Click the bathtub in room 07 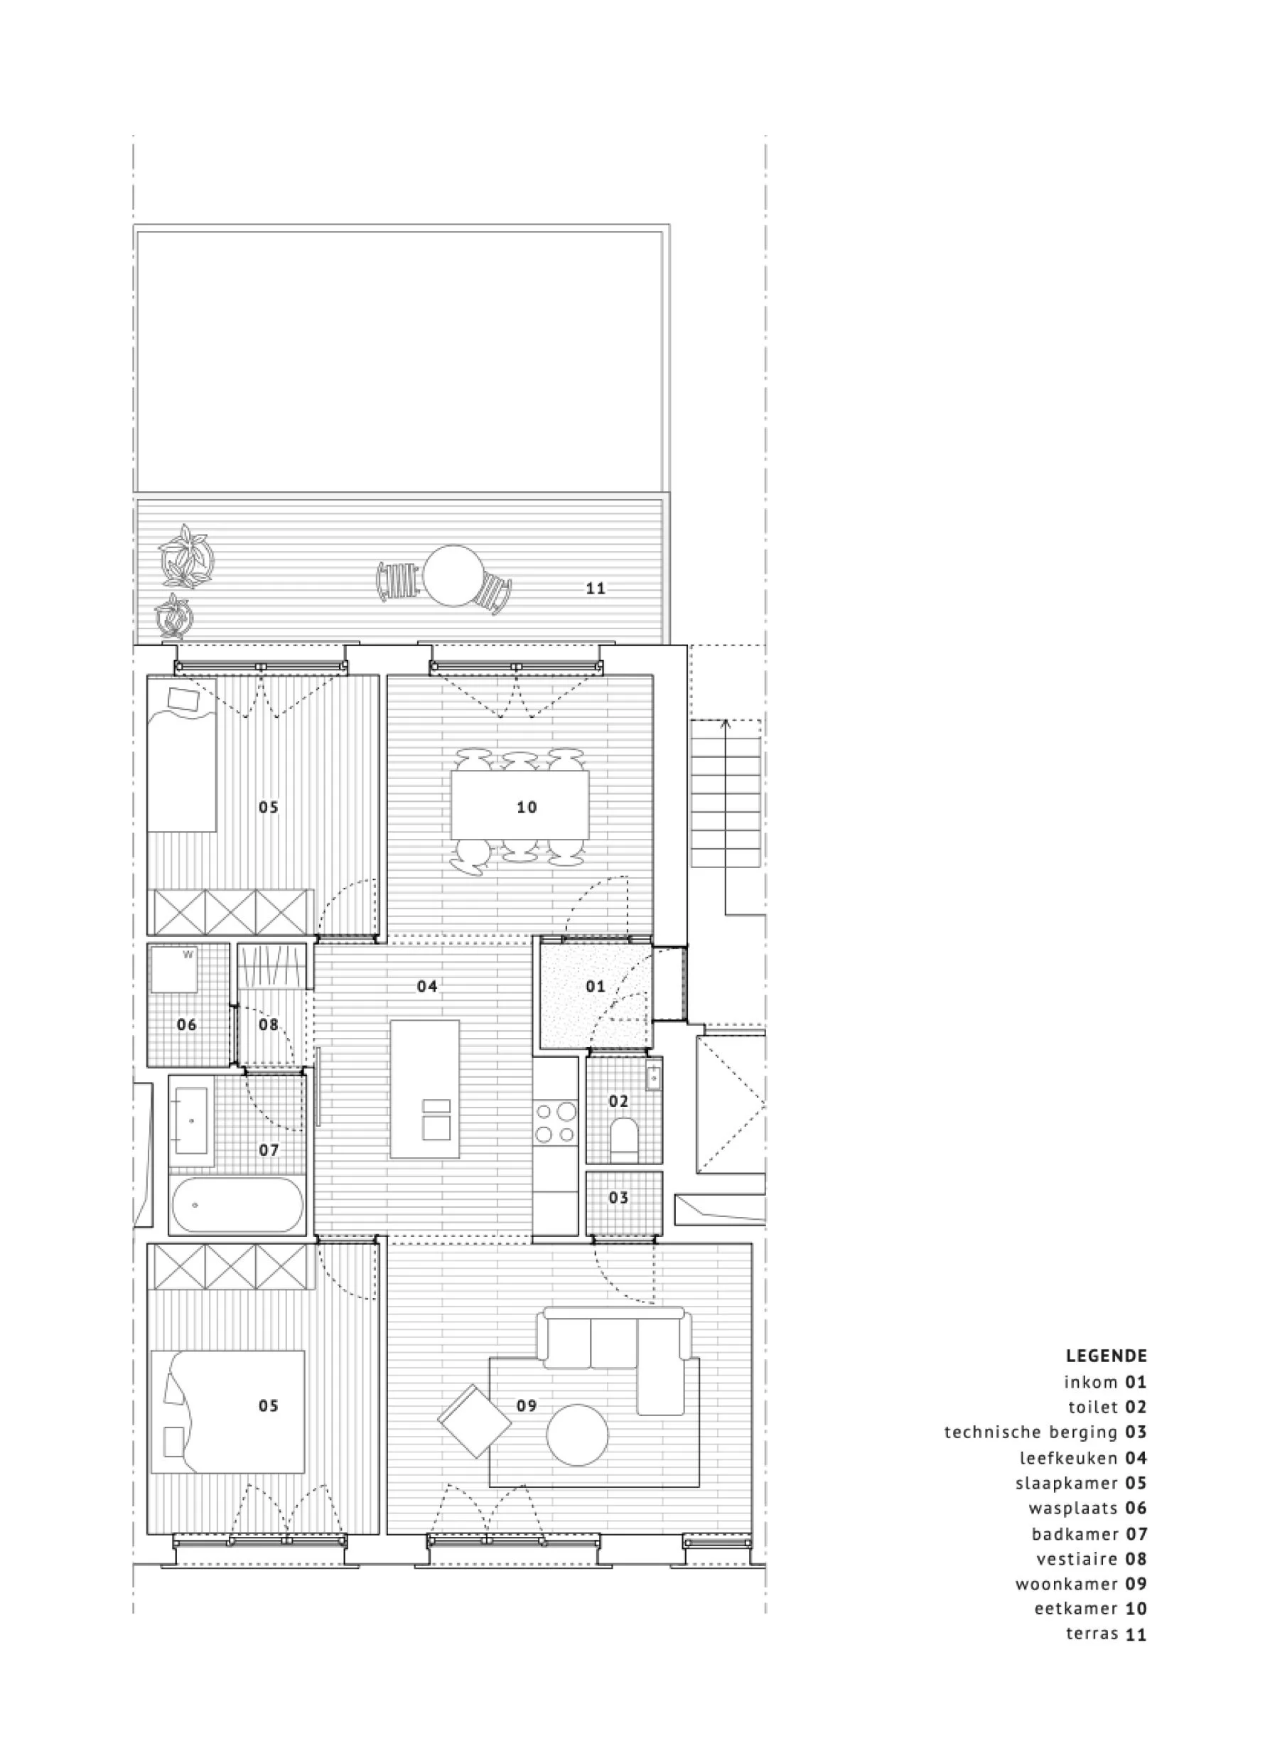[236, 1204]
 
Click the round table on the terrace [452, 576]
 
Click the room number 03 [618, 1197]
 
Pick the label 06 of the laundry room [186, 1024]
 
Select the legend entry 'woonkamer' [1066, 1583]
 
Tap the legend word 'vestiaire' [1076, 1558]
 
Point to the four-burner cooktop [556, 1122]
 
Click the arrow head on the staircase [725, 724]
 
